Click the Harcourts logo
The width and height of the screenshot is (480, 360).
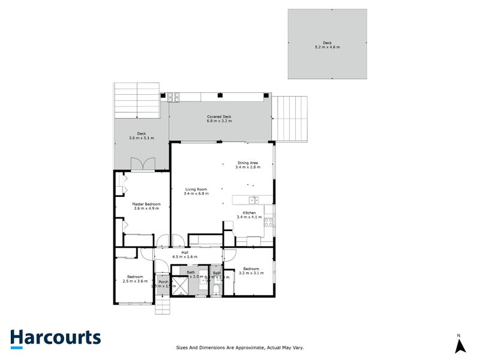tap(55, 338)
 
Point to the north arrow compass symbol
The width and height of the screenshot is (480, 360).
tap(459, 344)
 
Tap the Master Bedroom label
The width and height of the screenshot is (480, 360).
tap(146, 204)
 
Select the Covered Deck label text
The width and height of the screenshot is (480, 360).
tap(219, 117)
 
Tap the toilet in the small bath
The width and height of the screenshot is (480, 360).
tap(217, 289)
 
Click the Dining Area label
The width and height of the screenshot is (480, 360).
tap(248, 163)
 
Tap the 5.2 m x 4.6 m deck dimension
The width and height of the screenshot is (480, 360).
tap(327, 47)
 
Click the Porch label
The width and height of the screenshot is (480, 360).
tap(163, 281)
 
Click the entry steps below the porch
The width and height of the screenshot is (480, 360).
tap(163, 308)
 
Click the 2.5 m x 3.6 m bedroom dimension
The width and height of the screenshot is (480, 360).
tap(135, 281)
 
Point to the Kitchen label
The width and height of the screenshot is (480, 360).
tap(249, 213)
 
